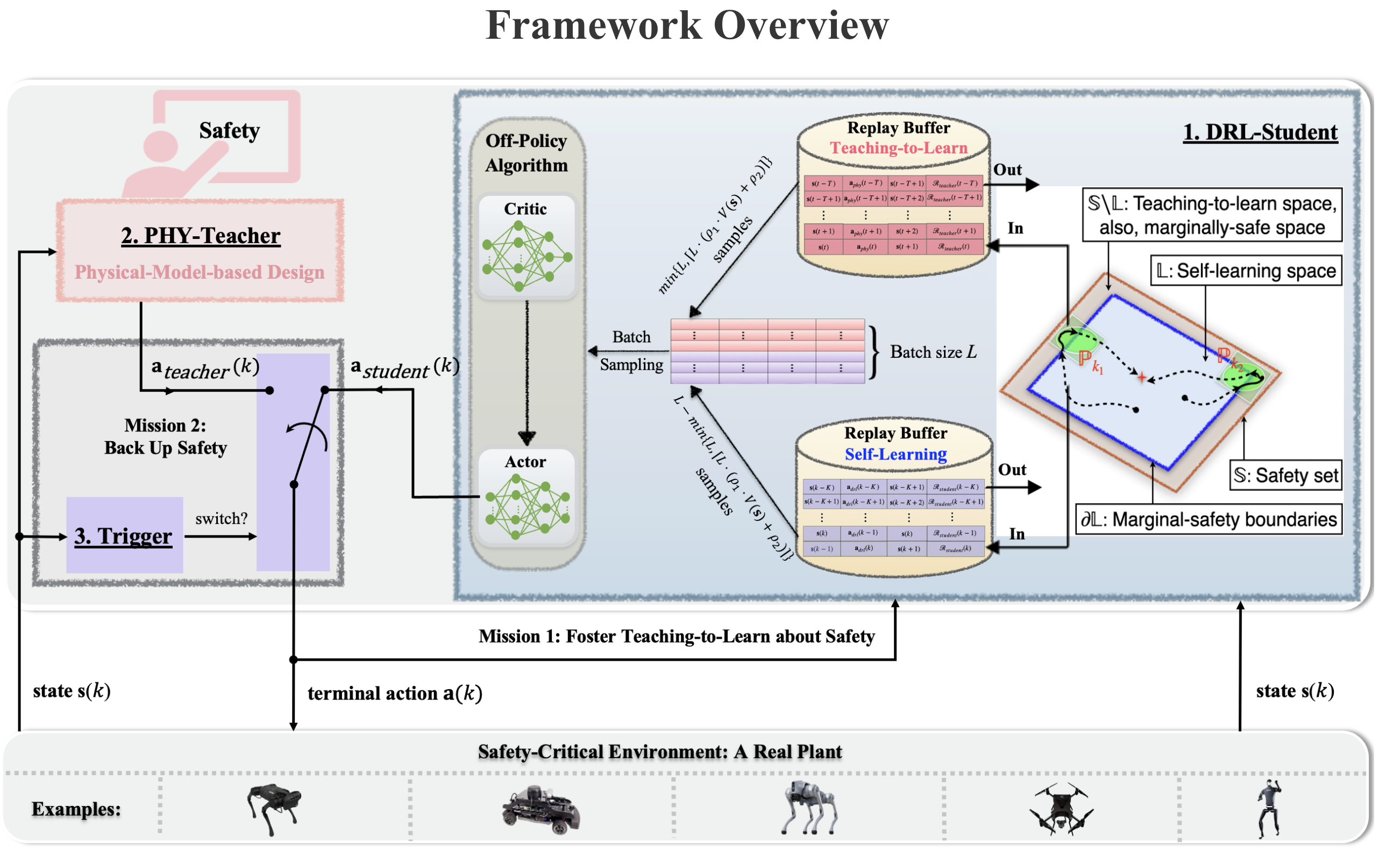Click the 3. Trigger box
click(x=124, y=536)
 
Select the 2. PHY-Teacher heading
click(x=201, y=236)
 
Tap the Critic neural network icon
click(x=527, y=256)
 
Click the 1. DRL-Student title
click(x=1260, y=132)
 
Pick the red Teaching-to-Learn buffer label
click(x=899, y=148)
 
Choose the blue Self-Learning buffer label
click(x=896, y=454)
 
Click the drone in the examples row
click(x=1060, y=810)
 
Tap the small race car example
click(x=541, y=810)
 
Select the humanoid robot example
click(x=1268, y=809)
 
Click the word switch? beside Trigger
click(x=221, y=519)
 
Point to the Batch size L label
click(x=933, y=352)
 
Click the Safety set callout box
click(x=1285, y=476)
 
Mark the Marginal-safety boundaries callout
click(x=1209, y=520)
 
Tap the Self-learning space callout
click(x=1246, y=271)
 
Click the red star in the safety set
click(x=1142, y=378)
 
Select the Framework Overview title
click(x=687, y=26)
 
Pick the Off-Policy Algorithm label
click(x=527, y=153)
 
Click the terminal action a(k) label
click(x=395, y=694)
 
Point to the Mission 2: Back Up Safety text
click(x=166, y=437)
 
